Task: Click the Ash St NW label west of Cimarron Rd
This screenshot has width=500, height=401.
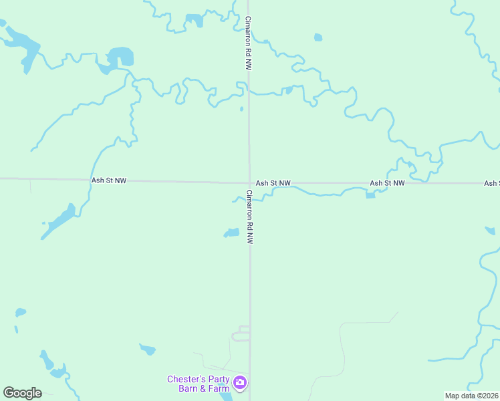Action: (x=109, y=180)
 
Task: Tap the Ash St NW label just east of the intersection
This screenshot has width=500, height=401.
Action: (x=273, y=182)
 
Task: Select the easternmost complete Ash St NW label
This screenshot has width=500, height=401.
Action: (x=388, y=182)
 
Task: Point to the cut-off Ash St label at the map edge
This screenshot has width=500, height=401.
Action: (x=492, y=182)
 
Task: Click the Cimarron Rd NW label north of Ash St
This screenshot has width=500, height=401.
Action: (x=248, y=43)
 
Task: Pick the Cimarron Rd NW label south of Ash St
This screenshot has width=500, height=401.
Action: (x=249, y=217)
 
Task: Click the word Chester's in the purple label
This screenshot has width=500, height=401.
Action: (x=184, y=379)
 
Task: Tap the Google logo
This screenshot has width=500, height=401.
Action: (x=22, y=393)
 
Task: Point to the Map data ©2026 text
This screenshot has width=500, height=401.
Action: (x=471, y=396)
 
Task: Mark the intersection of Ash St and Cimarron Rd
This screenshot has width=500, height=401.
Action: (x=249, y=182)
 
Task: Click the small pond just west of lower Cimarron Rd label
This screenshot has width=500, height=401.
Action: (x=231, y=233)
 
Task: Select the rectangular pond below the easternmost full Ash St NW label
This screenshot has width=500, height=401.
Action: (x=371, y=195)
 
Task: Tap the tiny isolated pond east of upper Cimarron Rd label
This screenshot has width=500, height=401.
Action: (x=318, y=37)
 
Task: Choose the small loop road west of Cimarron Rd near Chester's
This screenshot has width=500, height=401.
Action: (x=241, y=333)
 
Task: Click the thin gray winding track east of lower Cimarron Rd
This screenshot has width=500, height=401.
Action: (x=342, y=348)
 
